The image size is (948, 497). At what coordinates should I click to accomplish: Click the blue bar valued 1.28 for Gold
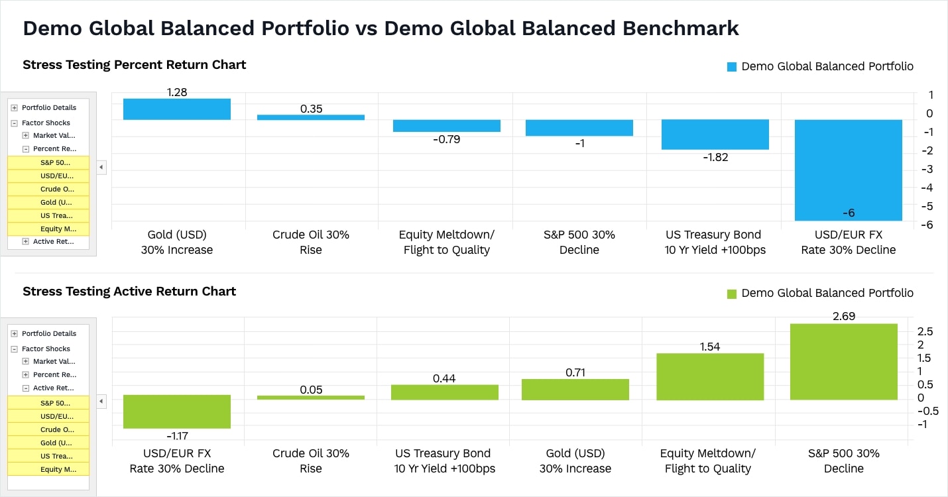[x=177, y=109]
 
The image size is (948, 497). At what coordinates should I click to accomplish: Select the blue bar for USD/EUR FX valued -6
[x=848, y=170]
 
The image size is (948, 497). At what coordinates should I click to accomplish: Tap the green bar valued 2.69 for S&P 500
[x=843, y=362]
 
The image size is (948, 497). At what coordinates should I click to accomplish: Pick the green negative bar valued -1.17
[x=177, y=412]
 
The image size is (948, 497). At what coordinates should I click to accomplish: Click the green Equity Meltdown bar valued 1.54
[x=710, y=376]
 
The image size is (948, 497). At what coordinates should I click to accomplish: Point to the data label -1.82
[x=715, y=158]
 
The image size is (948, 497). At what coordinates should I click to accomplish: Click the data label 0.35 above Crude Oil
[x=311, y=109]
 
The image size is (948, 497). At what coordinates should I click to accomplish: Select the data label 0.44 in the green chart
[x=444, y=378]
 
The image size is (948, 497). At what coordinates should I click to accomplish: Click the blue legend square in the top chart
[x=732, y=67]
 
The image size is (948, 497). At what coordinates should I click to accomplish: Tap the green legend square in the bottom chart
[x=732, y=294]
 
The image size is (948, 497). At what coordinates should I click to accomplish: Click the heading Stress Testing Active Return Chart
[x=129, y=291]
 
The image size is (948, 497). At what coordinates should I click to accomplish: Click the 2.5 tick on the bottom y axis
[x=925, y=331]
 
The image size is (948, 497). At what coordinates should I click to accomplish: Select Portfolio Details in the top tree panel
[x=49, y=107]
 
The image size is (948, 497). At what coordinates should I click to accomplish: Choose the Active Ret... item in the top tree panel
[x=53, y=242]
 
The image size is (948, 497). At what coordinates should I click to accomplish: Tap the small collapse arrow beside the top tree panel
[x=101, y=168]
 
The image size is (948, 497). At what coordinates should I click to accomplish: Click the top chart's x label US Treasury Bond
[x=714, y=235]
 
